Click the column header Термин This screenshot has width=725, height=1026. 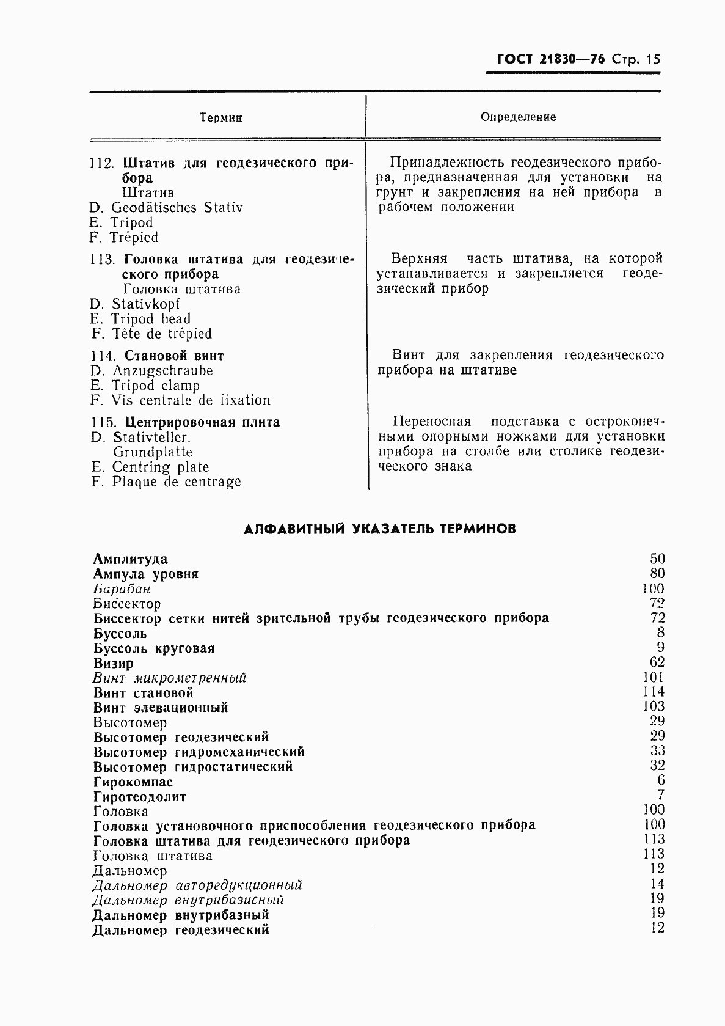221,118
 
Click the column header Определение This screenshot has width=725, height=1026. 518,117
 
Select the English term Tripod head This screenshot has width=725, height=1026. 151,319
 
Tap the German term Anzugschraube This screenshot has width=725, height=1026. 162,371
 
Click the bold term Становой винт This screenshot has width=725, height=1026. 174,356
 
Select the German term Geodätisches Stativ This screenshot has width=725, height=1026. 177,208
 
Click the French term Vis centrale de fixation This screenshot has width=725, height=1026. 191,401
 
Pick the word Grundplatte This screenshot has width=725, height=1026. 153,452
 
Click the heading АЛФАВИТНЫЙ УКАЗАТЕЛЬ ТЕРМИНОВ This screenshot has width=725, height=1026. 379,529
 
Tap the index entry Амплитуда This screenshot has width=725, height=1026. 131,559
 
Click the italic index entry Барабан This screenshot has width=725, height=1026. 122,589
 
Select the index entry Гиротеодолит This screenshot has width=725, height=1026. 140,797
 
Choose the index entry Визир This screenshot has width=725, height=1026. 114,663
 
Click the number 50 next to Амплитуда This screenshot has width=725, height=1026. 657,559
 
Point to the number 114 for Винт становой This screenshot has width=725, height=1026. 654,692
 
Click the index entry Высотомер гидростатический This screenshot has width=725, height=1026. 193,767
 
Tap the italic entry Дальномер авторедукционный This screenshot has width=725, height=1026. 197,885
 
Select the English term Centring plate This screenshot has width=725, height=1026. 160,467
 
